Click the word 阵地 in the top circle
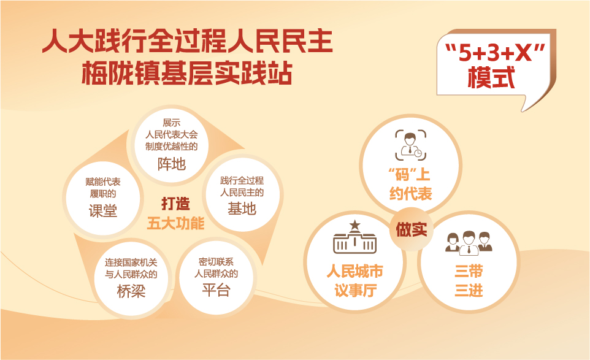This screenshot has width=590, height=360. pos(172,164)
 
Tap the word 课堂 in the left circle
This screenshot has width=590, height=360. pos(102,210)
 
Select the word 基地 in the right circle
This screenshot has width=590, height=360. pos(242,209)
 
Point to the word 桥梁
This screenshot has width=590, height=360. pos(131,291)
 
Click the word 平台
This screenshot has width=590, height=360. pos(216,290)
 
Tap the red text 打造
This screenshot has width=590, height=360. pos(175,204)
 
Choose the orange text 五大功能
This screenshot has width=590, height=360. pos(175,223)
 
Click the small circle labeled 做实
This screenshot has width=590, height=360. pos(412,229)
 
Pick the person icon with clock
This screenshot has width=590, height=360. pos(410,145)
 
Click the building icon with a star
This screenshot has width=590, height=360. pos(355,237)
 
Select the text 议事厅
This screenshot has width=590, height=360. pos(355,291)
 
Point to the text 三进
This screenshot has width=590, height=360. pos(469,291)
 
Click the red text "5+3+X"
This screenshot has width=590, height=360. pos(495,53)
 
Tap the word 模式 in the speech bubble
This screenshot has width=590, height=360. pos(491,77)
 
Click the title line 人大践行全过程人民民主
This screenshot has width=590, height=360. pos(188,41)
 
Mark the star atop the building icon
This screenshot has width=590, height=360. pos(355,225)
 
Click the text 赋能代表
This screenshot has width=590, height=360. pos(102,182)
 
